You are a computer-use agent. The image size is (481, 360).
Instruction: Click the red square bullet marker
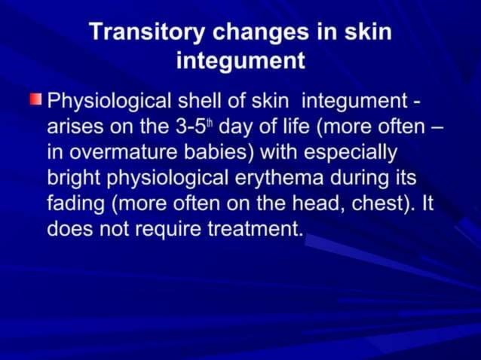(36, 100)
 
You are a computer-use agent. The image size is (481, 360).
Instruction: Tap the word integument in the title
(240, 59)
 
